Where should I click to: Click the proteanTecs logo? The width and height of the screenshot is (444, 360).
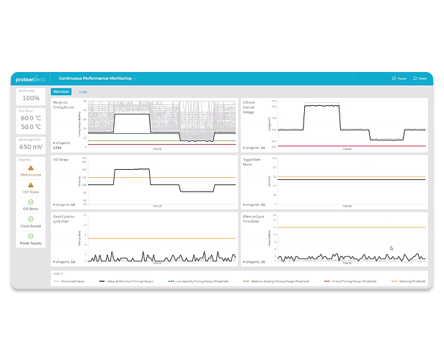pyautogui.click(x=30, y=78)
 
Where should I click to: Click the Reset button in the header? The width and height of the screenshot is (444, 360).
pyautogui.click(x=420, y=78)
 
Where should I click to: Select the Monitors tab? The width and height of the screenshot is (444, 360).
pyautogui.click(x=61, y=92)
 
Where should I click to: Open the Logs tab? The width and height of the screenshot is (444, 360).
pyautogui.click(x=83, y=92)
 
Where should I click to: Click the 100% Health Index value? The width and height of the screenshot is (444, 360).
pyautogui.click(x=30, y=98)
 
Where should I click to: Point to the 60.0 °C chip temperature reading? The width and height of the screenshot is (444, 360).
pyautogui.click(x=30, y=117)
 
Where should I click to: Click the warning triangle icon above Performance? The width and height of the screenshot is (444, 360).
pyautogui.click(x=30, y=167)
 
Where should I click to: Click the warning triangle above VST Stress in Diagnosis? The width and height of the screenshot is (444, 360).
pyautogui.click(x=30, y=184)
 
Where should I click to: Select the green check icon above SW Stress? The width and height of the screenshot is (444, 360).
pyautogui.click(x=30, y=202)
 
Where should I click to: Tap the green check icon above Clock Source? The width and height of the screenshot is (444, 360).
pyautogui.click(x=30, y=219)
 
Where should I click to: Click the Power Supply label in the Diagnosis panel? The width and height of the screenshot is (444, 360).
pyautogui.click(x=30, y=244)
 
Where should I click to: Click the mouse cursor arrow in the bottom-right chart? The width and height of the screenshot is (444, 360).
pyautogui.click(x=391, y=248)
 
